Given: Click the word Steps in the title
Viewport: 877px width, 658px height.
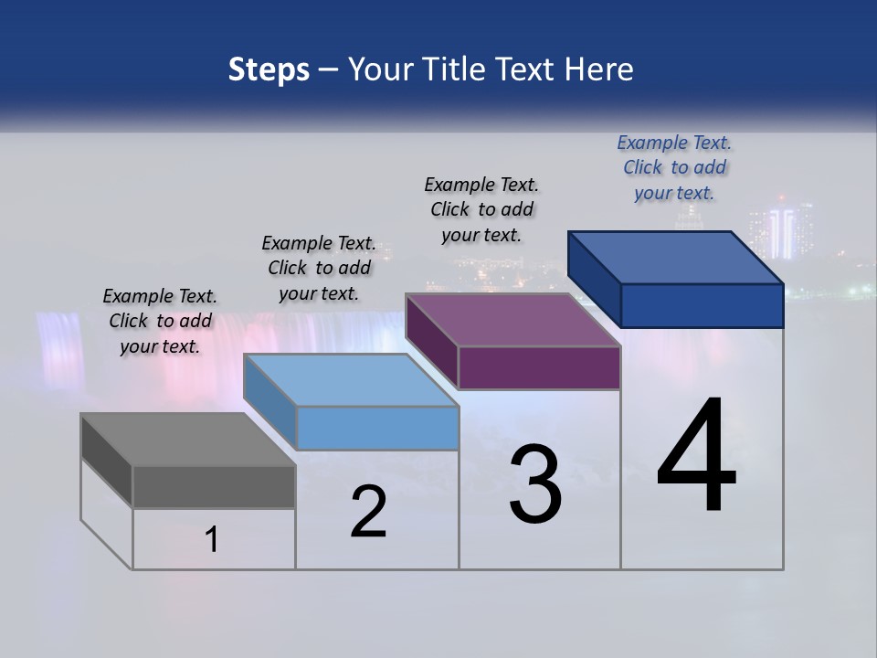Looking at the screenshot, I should (269, 69).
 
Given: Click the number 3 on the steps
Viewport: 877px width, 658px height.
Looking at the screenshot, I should (535, 484).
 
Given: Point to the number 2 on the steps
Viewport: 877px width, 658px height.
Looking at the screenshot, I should (369, 512).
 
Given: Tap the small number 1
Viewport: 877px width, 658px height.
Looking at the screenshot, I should (212, 540).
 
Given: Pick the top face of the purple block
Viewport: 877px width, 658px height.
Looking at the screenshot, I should (512, 320).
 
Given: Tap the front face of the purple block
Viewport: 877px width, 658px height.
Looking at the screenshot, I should (539, 367).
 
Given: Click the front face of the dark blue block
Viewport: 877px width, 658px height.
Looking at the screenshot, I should (702, 305).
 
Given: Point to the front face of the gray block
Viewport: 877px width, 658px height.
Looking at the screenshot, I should (214, 486).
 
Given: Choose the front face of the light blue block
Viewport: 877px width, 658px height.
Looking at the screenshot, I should (376, 428).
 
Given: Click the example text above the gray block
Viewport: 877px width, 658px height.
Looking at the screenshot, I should (160, 321).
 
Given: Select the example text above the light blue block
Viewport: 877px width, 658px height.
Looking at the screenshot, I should (319, 268).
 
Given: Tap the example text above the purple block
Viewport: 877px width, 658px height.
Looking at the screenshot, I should (481, 209).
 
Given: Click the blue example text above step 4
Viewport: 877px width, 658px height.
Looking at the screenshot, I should (674, 167).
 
